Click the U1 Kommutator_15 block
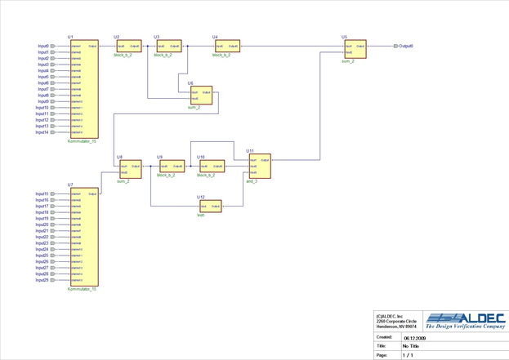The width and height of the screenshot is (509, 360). pyautogui.click(x=83, y=89)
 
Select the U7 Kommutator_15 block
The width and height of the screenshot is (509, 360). pyautogui.click(x=83, y=238)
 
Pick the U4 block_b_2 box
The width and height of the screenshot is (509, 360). pyautogui.click(x=226, y=47)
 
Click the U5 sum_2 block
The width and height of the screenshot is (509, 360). pyautogui.click(x=355, y=49)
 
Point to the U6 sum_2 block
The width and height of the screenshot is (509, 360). pyautogui.click(x=200, y=96)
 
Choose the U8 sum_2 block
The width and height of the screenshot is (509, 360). pyautogui.click(x=130, y=169)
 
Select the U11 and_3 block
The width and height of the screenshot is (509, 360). pyautogui.click(x=259, y=167)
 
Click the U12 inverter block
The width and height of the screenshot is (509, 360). pyautogui.click(x=210, y=207)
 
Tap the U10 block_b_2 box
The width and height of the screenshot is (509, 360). pyautogui.click(x=212, y=167)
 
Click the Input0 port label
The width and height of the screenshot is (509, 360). pyautogui.click(x=42, y=47)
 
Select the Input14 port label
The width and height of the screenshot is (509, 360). pyautogui.click(x=42, y=132)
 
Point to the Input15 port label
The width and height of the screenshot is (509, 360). pyautogui.click(x=42, y=194)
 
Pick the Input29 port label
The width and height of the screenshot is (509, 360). pyautogui.click(x=42, y=280)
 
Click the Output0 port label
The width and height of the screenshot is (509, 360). pyautogui.click(x=406, y=47)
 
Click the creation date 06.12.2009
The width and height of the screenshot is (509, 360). pyautogui.click(x=414, y=337)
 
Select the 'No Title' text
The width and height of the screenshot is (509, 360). pyautogui.click(x=411, y=346)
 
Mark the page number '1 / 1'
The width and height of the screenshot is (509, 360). pyautogui.click(x=408, y=355)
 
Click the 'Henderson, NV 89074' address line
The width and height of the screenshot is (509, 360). pyautogui.click(x=396, y=327)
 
